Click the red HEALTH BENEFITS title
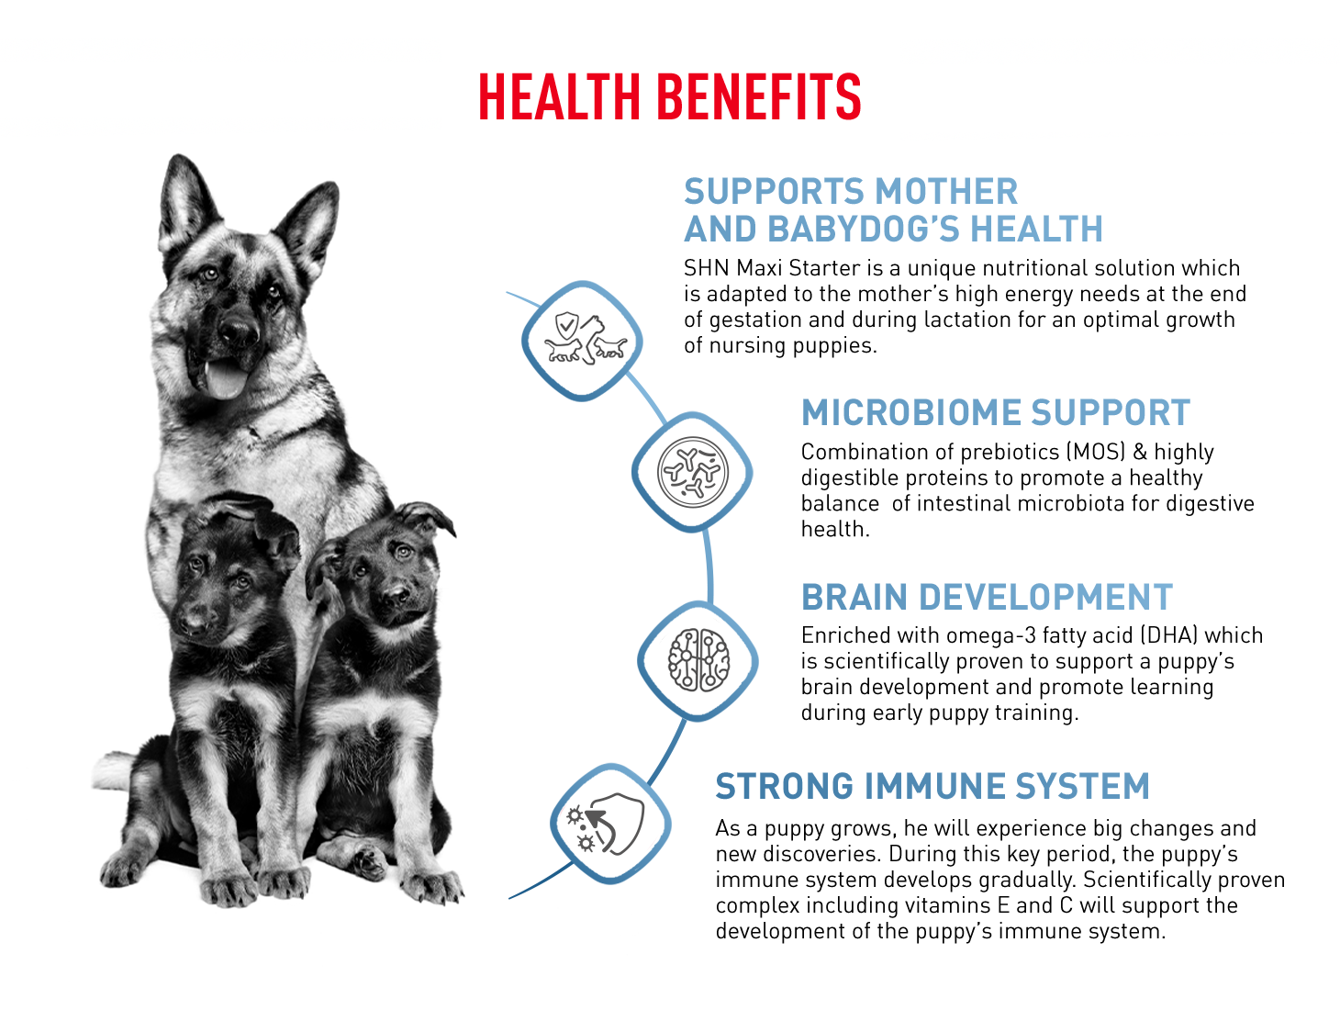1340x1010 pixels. (669, 96)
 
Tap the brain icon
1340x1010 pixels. (698, 660)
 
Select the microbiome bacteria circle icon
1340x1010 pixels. (692, 471)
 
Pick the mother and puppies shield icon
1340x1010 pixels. (585, 339)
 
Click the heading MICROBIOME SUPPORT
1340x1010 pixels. (996, 412)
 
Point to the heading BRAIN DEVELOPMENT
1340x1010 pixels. (987, 597)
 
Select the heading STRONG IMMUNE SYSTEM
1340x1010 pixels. (932, 786)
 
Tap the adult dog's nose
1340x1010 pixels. (238, 331)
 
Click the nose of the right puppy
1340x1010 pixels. (396, 592)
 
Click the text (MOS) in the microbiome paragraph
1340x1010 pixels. (1096, 452)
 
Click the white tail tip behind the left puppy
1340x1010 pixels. (113, 769)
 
